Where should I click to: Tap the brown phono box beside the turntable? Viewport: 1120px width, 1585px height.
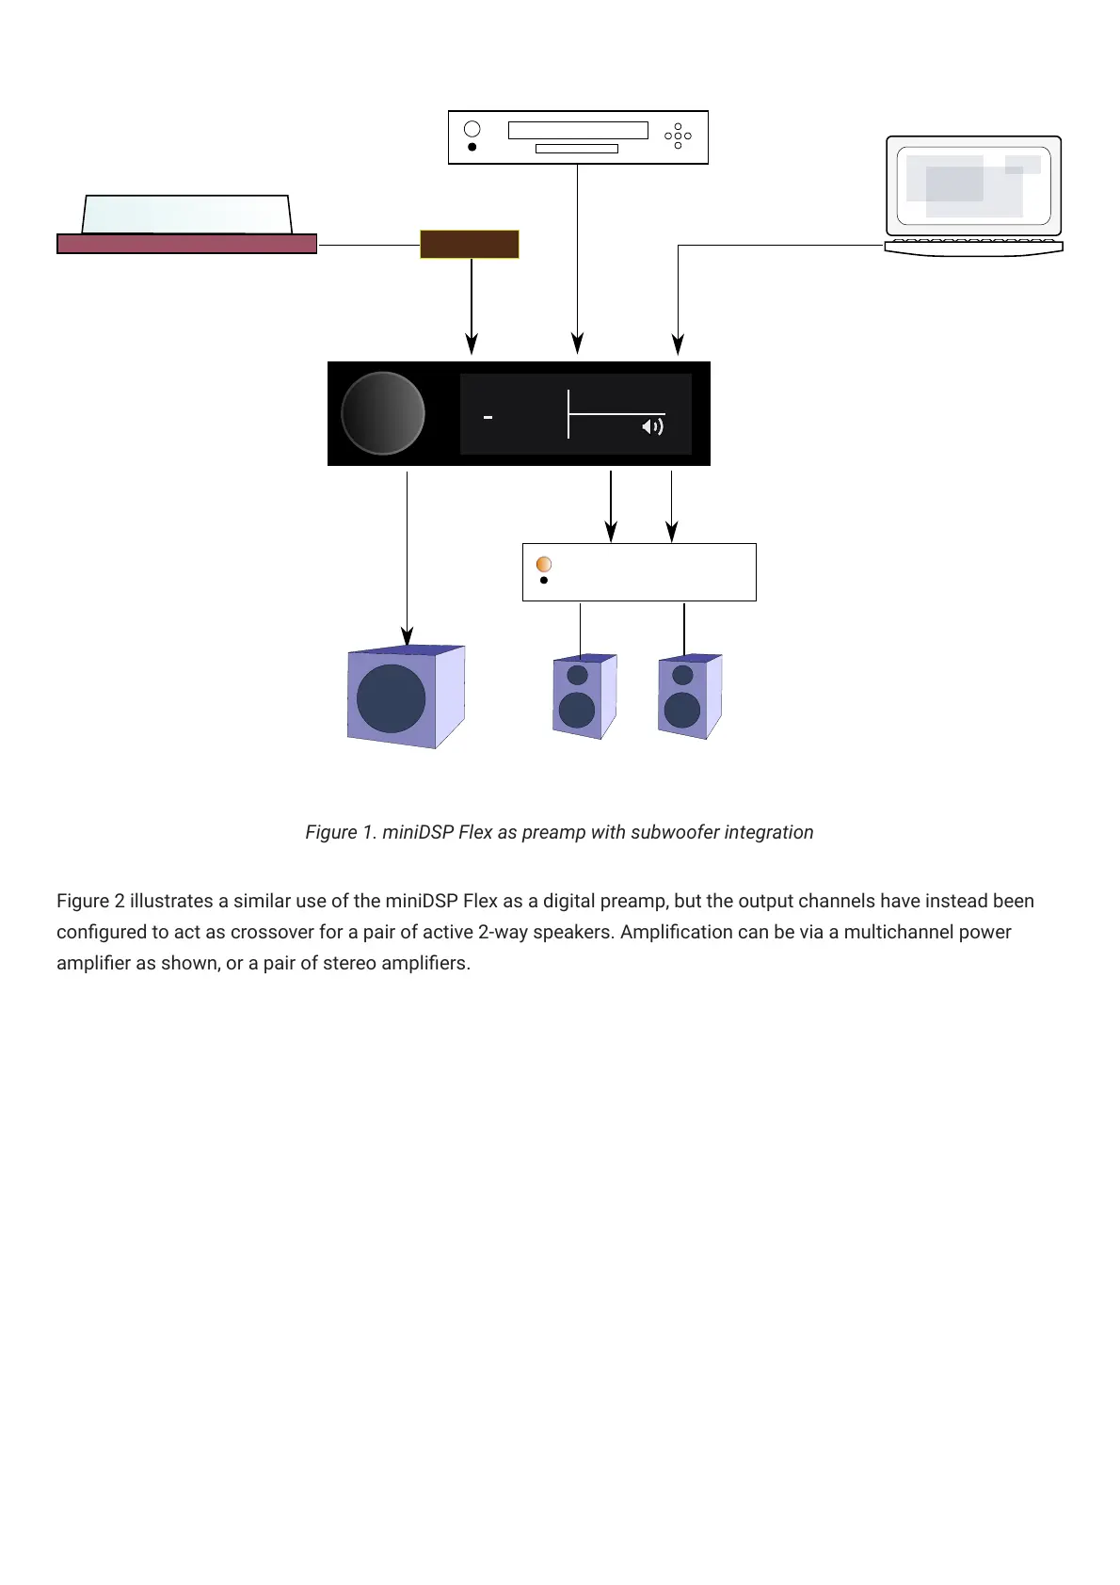tap(469, 244)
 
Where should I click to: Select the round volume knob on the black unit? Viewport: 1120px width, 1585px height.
tap(383, 413)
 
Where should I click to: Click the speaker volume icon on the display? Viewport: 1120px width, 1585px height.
tap(652, 427)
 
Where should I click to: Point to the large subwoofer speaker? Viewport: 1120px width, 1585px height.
tap(405, 697)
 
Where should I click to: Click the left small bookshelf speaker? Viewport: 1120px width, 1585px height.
tap(584, 696)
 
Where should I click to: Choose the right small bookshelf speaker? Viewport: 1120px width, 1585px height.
tap(689, 696)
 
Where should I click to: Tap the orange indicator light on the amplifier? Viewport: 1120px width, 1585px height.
tap(544, 564)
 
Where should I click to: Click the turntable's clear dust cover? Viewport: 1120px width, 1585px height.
tap(186, 214)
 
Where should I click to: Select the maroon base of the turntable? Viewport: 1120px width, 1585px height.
tap(186, 244)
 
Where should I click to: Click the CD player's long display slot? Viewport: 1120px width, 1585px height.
tap(578, 130)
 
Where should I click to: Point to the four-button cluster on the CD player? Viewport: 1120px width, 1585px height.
tap(678, 136)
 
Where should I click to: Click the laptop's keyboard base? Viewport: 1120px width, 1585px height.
tap(973, 247)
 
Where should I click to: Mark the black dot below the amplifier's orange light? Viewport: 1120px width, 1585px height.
tap(544, 581)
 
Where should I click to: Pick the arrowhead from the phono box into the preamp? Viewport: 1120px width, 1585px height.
tap(472, 344)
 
